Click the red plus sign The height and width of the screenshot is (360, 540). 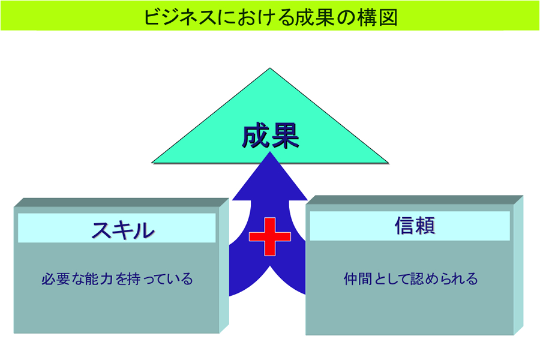pyautogui.click(x=269, y=236)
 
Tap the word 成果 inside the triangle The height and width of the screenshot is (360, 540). pyautogui.click(x=271, y=136)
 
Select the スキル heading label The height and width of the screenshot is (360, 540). pyautogui.click(x=123, y=230)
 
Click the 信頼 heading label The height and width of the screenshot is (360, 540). pyautogui.click(x=415, y=226)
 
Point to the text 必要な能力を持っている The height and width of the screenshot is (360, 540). pyautogui.click(x=117, y=279)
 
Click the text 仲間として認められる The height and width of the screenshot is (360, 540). pyautogui.click(x=410, y=278)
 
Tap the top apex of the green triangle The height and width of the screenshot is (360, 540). pyautogui.click(x=270, y=68)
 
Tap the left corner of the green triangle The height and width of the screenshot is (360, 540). pyautogui.click(x=152, y=162)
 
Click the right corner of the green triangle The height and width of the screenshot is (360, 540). pyautogui.click(x=388, y=162)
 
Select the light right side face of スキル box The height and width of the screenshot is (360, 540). pyautogui.click(x=224, y=266)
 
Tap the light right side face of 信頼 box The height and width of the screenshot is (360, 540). pyautogui.click(x=518, y=265)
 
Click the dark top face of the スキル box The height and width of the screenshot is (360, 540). pyautogui.click(x=121, y=203)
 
